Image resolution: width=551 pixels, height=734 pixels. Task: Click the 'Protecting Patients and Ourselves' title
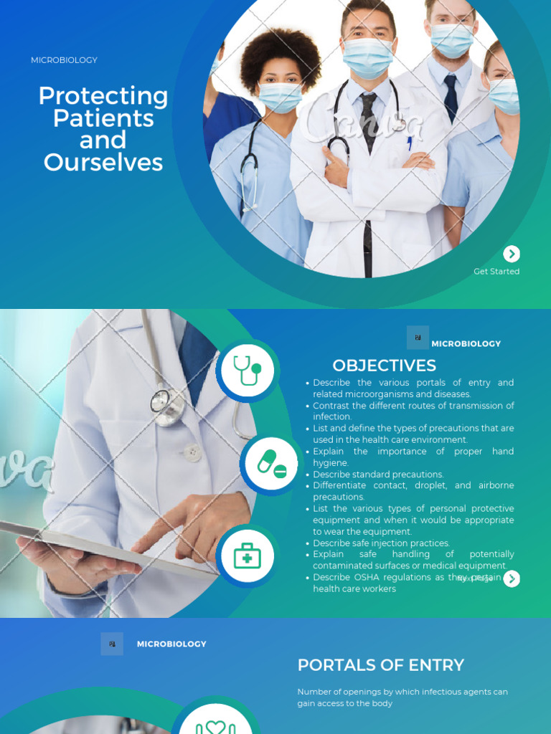point(103,129)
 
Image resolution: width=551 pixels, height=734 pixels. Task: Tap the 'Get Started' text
point(496,272)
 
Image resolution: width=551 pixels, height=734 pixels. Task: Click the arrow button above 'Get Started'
point(512,254)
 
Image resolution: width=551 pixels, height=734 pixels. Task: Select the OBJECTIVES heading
point(384,366)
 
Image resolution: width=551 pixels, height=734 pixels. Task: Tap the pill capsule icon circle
point(271,464)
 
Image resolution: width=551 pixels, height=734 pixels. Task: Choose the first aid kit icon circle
point(248,556)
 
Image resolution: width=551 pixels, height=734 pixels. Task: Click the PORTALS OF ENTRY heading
point(381,664)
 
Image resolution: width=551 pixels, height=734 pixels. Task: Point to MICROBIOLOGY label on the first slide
point(64,60)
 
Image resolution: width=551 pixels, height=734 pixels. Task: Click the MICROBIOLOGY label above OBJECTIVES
point(466,343)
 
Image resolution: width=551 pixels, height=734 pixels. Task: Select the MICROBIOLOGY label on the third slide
point(171,644)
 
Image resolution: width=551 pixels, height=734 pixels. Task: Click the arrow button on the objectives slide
point(512,578)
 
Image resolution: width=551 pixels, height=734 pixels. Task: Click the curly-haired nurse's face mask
point(279,96)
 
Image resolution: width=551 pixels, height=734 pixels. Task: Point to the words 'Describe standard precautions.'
point(378,475)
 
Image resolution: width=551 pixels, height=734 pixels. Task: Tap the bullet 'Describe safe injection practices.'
point(381,543)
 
